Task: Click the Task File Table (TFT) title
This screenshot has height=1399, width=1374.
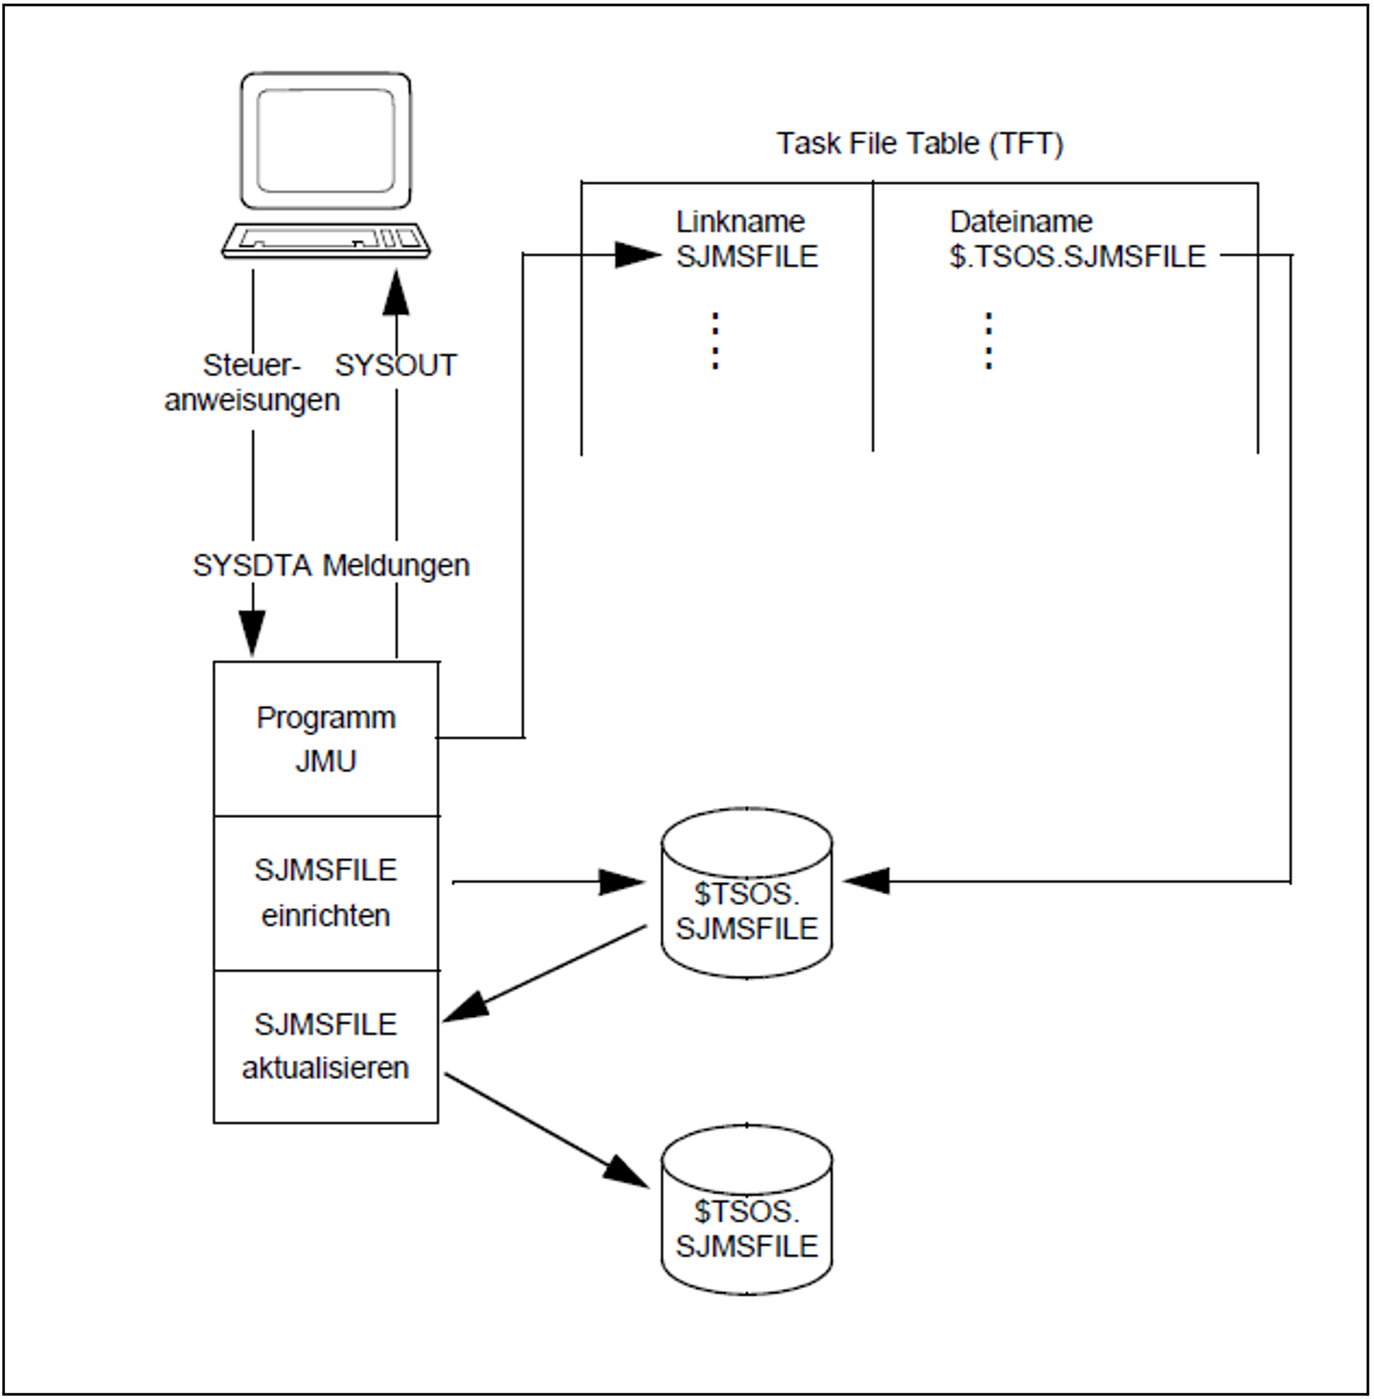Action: pos(919,144)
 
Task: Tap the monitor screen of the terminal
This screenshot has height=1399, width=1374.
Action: pos(326,141)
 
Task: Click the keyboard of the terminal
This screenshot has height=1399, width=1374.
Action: pos(326,240)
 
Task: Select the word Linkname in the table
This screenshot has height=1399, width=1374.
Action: pos(740,222)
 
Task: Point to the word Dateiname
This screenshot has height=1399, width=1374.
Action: pos(1021,222)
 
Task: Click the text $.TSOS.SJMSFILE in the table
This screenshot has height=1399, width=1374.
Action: pos(1077,257)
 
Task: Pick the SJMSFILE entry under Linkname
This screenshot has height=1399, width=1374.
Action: pos(747,257)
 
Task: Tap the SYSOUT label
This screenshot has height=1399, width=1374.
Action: pos(396,366)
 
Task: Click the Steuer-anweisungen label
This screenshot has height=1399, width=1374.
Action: pos(252,383)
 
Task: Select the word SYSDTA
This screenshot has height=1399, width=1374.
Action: pos(253,566)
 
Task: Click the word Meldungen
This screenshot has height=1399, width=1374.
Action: pos(396,566)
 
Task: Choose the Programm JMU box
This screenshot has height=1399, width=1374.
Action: pos(326,739)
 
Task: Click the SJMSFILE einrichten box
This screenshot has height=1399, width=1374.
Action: pos(326,893)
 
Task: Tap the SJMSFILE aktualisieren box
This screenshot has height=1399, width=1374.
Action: pos(326,1047)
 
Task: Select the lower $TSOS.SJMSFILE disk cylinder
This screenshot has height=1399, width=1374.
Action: pos(747,1212)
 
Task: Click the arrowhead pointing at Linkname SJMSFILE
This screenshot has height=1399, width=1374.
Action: pos(637,255)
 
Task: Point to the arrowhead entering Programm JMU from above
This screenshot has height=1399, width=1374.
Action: pos(252,635)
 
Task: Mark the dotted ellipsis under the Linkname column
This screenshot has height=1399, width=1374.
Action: pos(716,341)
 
